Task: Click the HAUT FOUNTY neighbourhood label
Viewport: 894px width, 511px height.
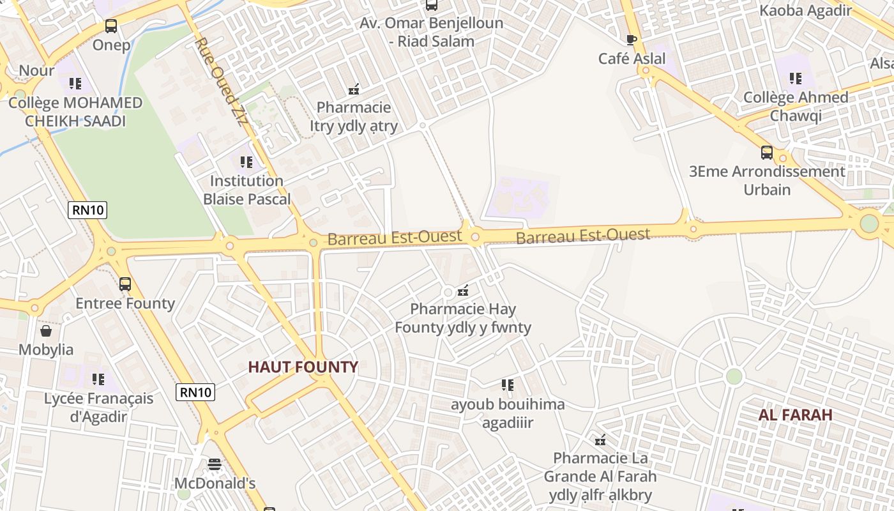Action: coord(303,367)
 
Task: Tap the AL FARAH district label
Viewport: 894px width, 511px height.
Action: coord(795,415)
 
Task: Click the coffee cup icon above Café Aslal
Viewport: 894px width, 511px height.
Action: coord(632,40)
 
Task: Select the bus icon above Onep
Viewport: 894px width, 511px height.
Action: coord(111,26)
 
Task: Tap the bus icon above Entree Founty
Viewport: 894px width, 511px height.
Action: coord(125,284)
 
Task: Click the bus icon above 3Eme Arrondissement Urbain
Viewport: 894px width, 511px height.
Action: coord(767,153)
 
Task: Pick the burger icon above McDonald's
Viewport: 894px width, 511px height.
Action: coord(215,464)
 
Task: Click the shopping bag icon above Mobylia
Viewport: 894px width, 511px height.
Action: coord(46,331)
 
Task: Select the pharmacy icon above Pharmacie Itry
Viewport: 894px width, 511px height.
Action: coord(353,89)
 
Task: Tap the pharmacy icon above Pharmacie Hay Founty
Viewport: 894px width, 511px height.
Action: coord(463,291)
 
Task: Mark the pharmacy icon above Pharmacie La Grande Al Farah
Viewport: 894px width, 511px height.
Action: coord(600,439)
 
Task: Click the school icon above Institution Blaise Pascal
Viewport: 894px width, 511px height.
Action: coord(246,162)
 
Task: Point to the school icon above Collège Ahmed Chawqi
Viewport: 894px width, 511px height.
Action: coord(795,79)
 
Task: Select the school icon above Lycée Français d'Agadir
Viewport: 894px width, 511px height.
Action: coord(98,379)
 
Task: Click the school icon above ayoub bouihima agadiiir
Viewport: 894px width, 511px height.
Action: coord(507,385)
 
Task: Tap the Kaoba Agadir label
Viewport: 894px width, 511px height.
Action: coord(805,10)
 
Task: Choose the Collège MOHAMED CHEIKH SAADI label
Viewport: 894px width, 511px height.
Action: coord(75,112)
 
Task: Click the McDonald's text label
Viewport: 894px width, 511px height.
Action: coord(215,484)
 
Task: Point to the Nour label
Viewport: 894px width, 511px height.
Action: coord(36,70)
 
